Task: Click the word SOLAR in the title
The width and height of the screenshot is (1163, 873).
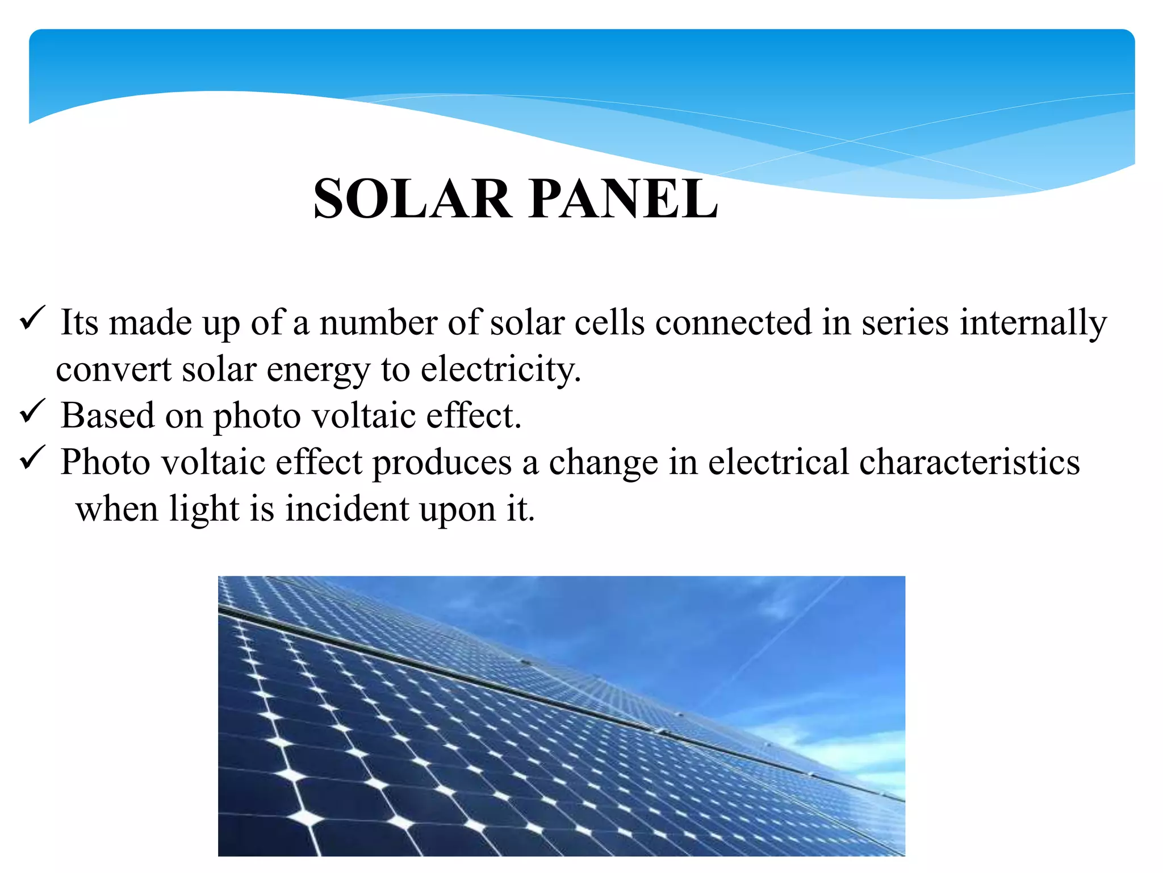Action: point(412,198)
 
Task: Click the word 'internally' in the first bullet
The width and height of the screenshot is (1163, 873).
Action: point(1034,323)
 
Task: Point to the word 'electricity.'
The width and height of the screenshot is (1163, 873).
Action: point(501,369)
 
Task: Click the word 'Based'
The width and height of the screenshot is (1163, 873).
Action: point(107,415)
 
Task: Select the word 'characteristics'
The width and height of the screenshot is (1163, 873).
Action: point(969,462)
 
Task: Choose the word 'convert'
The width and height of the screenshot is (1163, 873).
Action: point(114,369)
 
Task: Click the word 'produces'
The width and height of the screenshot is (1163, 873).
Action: point(442,462)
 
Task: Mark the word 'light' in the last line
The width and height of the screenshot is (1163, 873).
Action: point(204,509)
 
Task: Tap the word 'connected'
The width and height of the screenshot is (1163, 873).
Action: point(733,323)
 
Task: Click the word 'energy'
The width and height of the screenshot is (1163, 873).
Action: point(318,371)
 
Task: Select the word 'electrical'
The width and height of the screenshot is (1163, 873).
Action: point(778,462)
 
